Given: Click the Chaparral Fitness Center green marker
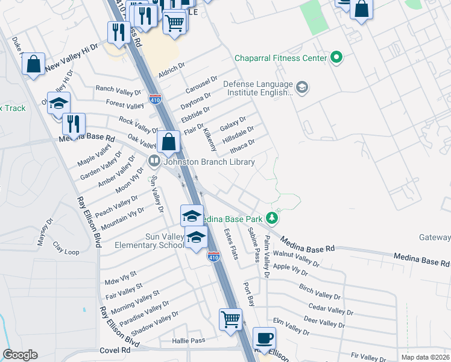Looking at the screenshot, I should point(336,59).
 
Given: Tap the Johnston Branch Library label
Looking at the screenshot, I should point(208,162).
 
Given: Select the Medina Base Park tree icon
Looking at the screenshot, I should point(273,218).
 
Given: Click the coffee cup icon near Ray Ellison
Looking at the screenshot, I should point(263,337).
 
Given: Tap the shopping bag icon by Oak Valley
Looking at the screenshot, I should point(169,142).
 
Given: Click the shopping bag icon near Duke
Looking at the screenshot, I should point(34,63).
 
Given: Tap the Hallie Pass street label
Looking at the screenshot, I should point(188,340).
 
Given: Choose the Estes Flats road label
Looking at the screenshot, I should point(232,245).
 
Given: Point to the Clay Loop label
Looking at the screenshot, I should point(66,247).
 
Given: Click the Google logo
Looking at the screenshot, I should point(20,355).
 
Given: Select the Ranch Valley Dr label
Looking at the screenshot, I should point(118,89).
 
